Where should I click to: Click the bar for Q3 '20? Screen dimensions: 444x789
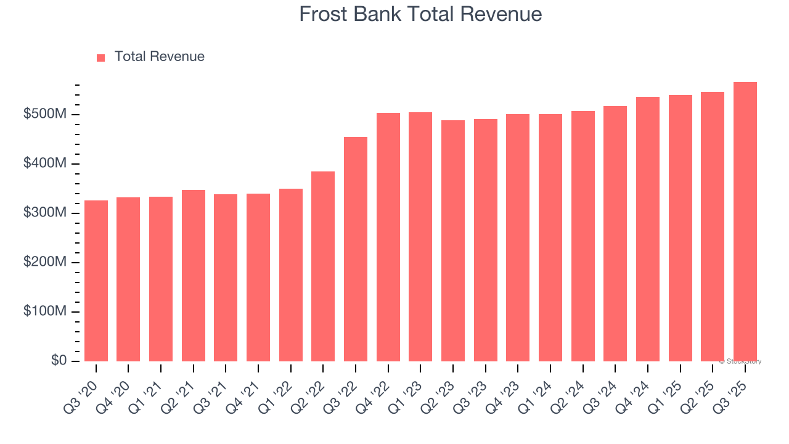pyautogui.click(x=96, y=281)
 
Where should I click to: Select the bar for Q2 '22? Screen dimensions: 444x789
pyautogui.click(x=323, y=266)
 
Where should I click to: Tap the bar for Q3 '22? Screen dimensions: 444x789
pyautogui.click(x=356, y=249)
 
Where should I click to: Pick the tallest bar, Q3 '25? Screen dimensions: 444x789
pyautogui.click(x=745, y=221)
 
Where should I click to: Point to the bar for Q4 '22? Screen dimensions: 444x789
pyautogui.click(x=388, y=237)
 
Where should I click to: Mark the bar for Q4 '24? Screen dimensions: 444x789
pyautogui.click(x=647, y=229)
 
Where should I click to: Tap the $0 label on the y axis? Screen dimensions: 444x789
pyautogui.click(x=59, y=361)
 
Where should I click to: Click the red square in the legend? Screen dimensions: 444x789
pyautogui.click(x=101, y=57)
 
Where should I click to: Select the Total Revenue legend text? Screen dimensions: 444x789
pyautogui.click(x=159, y=57)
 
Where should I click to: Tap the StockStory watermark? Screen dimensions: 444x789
pyautogui.click(x=740, y=361)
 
